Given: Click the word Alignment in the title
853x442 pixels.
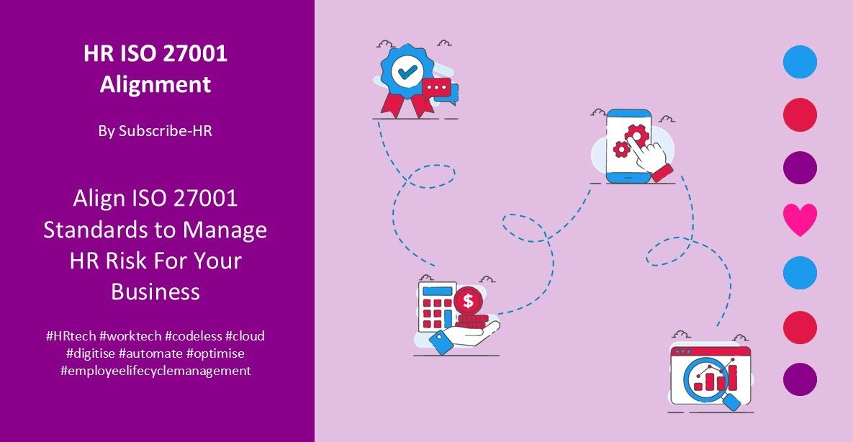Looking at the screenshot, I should pos(155,84).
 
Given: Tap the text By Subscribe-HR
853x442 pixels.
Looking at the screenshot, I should pos(155,131).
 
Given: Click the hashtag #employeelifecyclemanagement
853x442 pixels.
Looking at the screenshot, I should pos(155,371).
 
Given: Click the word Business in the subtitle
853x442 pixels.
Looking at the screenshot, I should pos(155,292).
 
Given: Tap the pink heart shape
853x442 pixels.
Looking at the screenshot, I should pos(800,220).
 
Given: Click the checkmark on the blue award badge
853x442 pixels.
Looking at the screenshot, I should pos(407,72).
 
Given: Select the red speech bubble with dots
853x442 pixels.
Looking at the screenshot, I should pos(437,88).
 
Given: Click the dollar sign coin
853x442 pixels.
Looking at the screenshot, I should pos(469,299).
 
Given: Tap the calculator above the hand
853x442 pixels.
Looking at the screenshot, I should pos(436,305).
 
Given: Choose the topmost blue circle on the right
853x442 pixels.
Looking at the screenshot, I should pos(800,62).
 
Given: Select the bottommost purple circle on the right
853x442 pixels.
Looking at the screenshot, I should pos(800,379).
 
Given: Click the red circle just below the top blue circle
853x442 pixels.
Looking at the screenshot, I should pos(800,115).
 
